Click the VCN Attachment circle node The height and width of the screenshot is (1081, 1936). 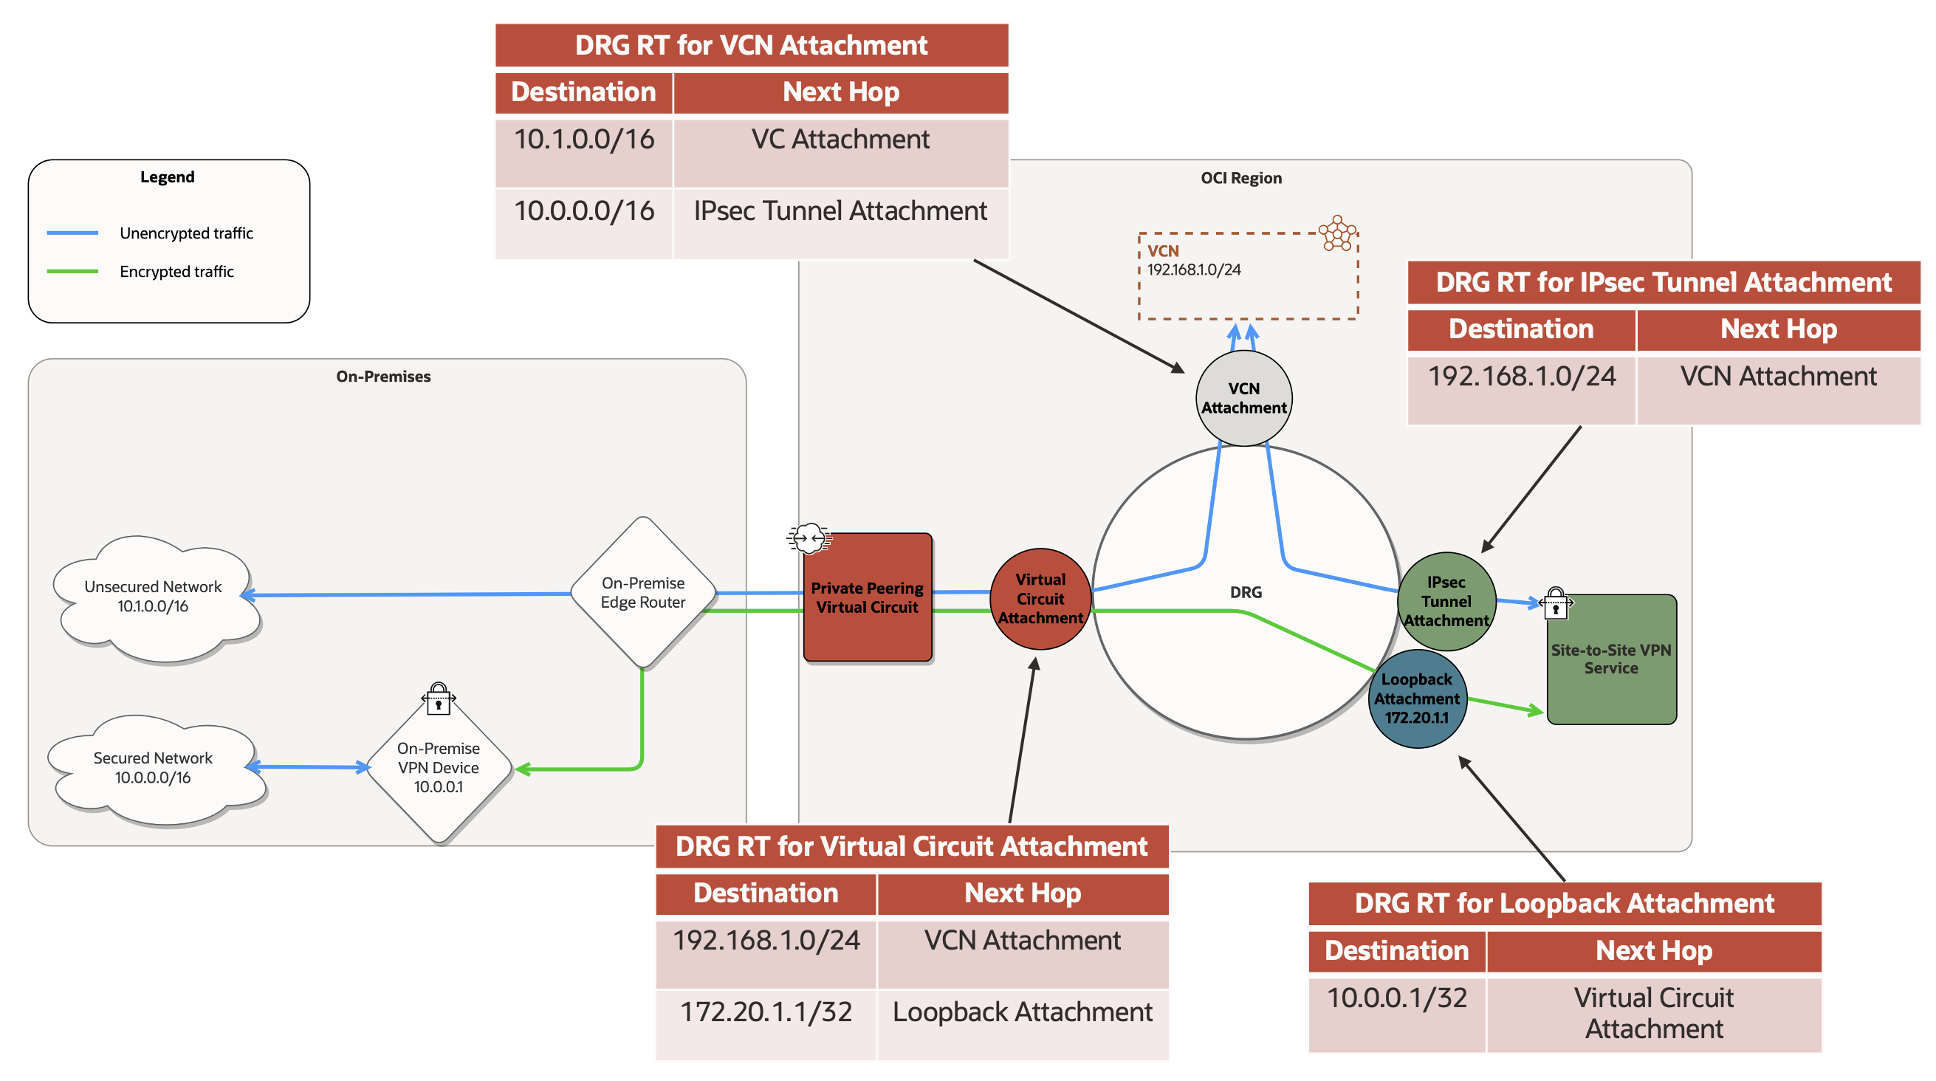[x=1244, y=399]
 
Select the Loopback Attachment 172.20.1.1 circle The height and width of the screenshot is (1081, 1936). [x=1417, y=699]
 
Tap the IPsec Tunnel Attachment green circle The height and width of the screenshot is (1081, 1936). [x=1446, y=601]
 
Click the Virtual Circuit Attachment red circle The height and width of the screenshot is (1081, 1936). [x=1040, y=599]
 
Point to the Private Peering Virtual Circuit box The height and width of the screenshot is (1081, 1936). [x=868, y=597]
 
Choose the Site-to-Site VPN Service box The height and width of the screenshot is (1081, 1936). [x=1611, y=659]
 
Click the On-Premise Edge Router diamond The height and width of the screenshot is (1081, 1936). [x=642, y=593]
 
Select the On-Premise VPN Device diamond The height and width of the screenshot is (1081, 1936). [x=438, y=767]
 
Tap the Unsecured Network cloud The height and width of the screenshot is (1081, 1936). [x=154, y=597]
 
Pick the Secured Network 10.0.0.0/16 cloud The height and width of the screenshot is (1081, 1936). [x=154, y=768]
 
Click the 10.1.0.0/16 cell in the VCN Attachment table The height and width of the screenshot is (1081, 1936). [x=584, y=140]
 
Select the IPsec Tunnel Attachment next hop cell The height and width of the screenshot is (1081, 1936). [x=840, y=212]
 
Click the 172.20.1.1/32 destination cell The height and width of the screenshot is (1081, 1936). [x=766, y=1012]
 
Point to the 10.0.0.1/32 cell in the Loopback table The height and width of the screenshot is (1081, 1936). [x=1396, y=998]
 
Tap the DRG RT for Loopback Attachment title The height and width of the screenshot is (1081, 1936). [x=1565, y=904]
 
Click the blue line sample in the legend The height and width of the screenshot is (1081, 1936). [x=72, y=233]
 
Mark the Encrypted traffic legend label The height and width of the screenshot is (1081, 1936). [x=176, y=272]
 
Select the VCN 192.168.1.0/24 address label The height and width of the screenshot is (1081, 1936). [x=1193, y=270]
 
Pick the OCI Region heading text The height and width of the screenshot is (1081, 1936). [x=1240, y=178]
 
